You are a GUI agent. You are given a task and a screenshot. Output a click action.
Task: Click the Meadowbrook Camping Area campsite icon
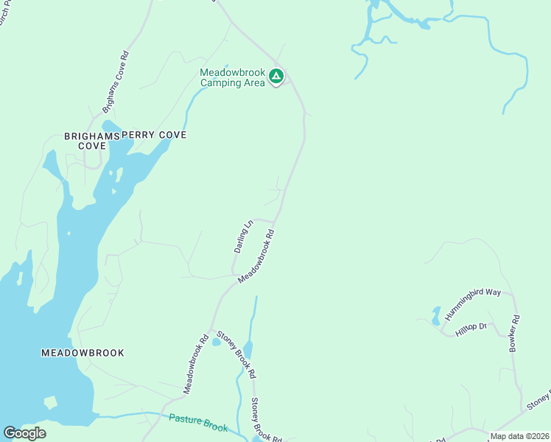click(275, 76)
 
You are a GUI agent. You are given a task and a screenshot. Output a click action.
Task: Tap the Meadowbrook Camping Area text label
click(233, 77)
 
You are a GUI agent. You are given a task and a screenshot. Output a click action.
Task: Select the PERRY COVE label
click(154, 136)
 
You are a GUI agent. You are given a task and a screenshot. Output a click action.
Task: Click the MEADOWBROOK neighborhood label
click(82, 353)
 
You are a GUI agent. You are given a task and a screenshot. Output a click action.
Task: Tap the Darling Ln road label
click(244, 236)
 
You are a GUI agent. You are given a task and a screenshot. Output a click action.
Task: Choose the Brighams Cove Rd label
click(116, 81)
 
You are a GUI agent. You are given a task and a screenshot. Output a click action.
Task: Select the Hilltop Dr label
click(471, 329)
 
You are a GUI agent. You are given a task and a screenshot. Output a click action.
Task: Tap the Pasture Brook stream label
click(199, 422)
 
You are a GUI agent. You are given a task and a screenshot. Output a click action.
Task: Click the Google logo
click(24, 433)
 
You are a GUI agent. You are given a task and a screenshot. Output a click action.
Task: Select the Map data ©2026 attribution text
click(519, 436)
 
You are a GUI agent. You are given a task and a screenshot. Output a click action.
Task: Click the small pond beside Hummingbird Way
click(436, 317)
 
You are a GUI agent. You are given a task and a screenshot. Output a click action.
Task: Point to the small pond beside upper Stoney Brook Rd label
click(216, 342)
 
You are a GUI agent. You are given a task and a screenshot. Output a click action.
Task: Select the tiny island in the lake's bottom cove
click(50, 403)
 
